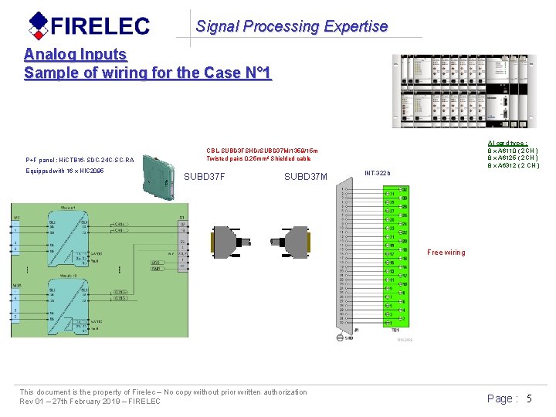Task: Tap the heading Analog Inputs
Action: [75, 54]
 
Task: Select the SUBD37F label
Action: [205, 177]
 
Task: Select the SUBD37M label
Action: [306, 177]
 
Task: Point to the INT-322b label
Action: [378, 172]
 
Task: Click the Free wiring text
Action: [446, 253]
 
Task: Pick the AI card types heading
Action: [507, 144]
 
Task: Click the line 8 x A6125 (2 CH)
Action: [513, 158]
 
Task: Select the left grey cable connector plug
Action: [229, 242]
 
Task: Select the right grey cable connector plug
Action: [292, 242]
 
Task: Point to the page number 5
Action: [529, 398]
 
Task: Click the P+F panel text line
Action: [80, 160]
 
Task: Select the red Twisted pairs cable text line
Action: [258, 158]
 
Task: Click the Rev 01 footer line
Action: [90, 402]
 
